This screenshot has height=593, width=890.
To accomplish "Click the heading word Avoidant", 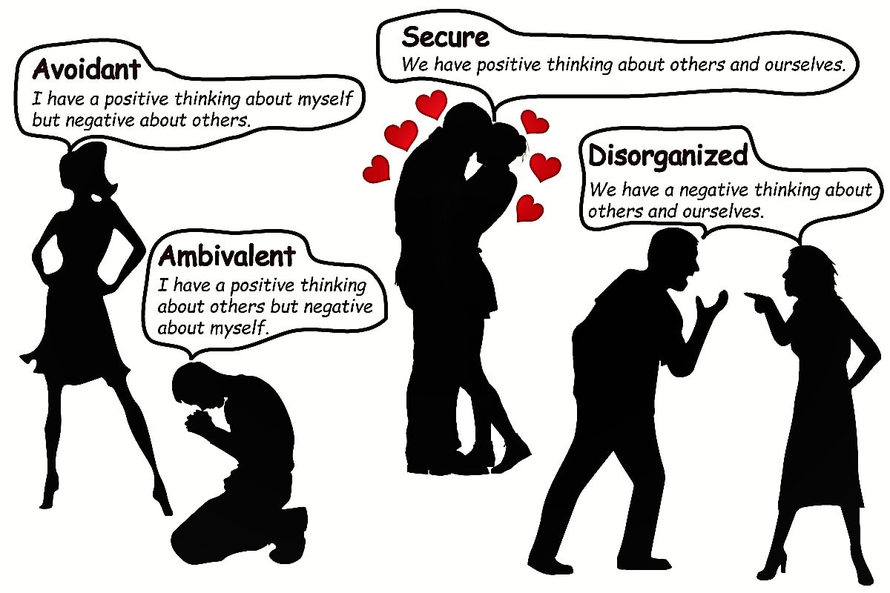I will pyautogui.click(x=87, y=69).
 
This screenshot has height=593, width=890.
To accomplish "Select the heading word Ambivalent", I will pyautogui.click(x=227, y=256).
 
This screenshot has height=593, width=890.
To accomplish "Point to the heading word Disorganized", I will pyautogui.click(x=667, y=156).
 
